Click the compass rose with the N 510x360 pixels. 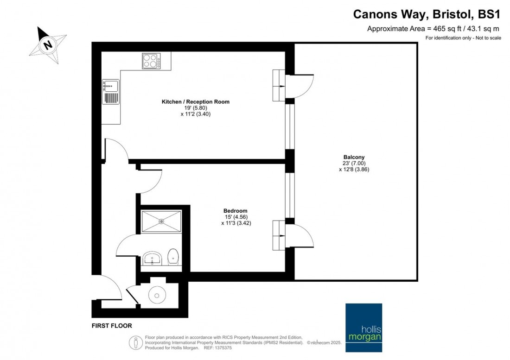(x=47, y=45)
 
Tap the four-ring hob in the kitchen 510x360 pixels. (x=151, y=61)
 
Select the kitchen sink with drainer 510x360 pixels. (x=111, y=91)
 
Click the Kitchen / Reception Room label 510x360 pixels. (x=195, y=101)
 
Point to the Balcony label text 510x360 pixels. (x=354, y=157)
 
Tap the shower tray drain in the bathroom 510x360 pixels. (x=162, y=221)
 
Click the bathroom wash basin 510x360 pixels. (x=152, y=259)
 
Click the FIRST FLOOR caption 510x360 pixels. (x=111, y=326)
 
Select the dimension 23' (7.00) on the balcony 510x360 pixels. (x=353, y=163)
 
